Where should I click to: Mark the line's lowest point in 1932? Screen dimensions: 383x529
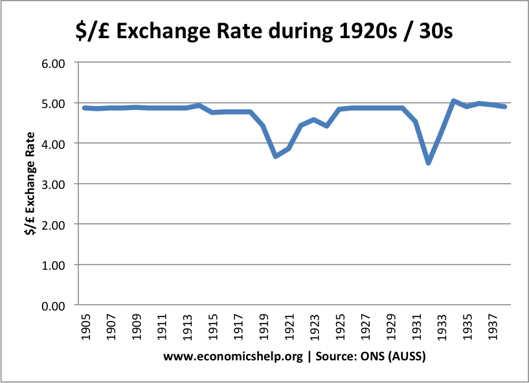pyautogui.click(x=428, y=162)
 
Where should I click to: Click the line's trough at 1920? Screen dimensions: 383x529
pyautogui.click(x=276, y=156)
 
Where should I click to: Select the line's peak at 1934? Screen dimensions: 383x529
pyautogui.click(x=453, y=101)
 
